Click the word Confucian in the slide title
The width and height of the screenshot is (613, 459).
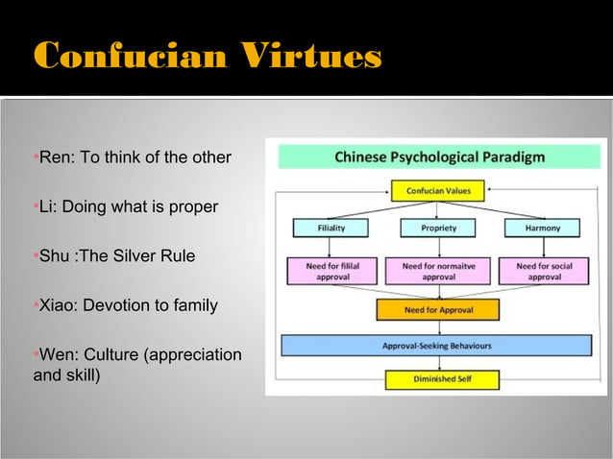click(129, 57)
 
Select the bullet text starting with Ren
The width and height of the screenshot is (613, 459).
click(135, 157)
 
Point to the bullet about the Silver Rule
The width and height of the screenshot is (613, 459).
click(116, 256)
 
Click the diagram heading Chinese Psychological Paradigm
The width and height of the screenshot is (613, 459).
click(439, 157)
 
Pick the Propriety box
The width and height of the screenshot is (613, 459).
click(438, 229)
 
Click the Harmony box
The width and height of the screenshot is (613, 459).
click(543, 229)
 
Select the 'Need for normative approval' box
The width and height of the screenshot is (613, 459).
click(437, 270)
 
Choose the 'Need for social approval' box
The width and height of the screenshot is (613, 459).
click(545, 270)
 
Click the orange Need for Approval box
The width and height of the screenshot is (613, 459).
click(438, 310)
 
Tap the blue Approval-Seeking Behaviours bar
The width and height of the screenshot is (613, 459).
click(436, 345)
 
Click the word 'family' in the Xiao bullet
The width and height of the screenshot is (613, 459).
click(193, 306)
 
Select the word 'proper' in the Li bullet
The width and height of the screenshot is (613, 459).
click(193, 206)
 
